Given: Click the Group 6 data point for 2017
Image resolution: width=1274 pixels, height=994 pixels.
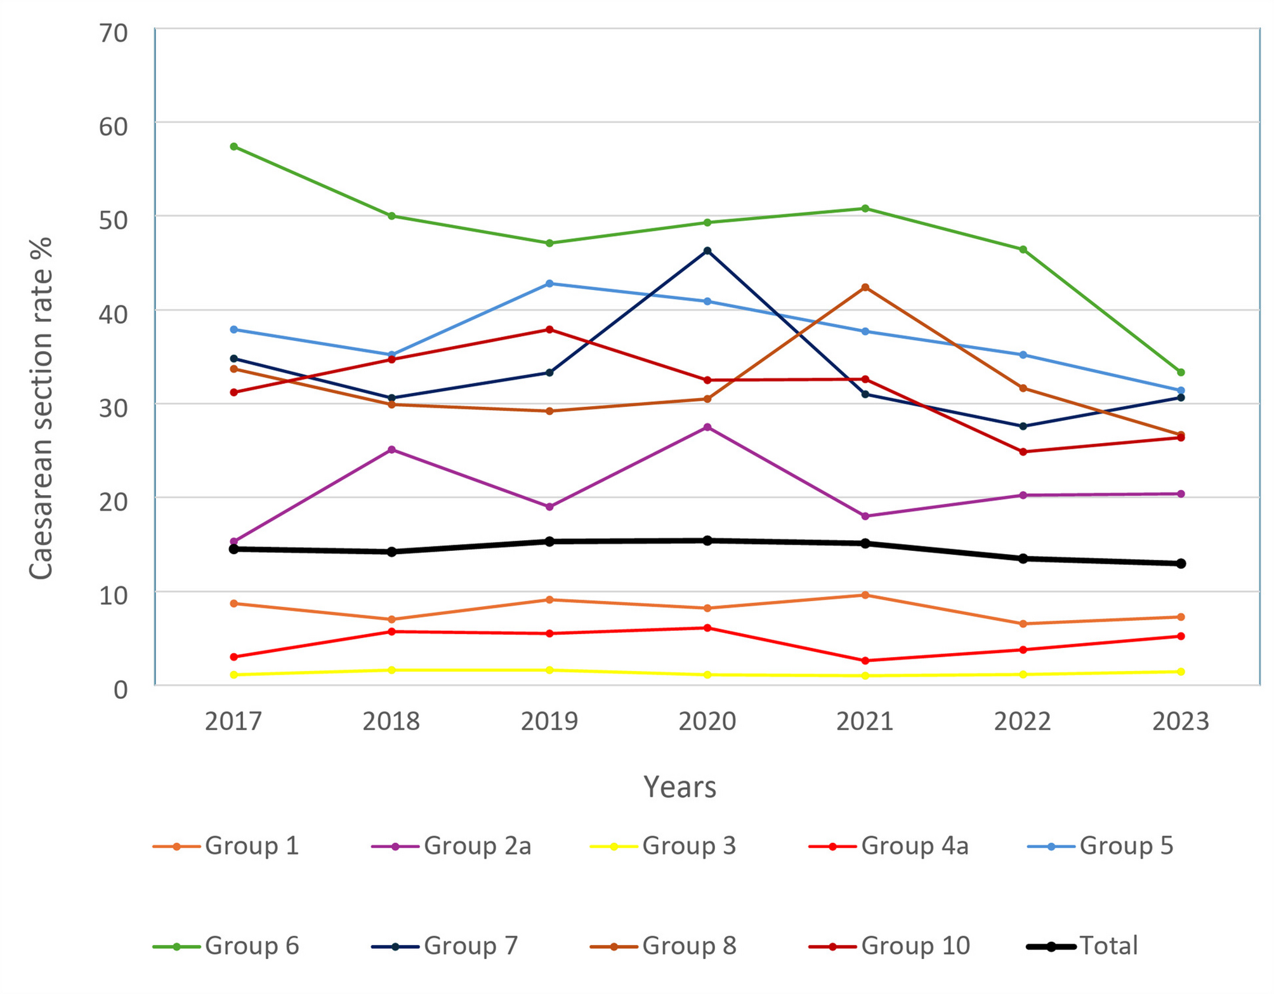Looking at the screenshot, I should [234, 147].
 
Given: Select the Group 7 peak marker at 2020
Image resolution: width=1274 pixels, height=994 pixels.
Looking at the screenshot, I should [707, 251].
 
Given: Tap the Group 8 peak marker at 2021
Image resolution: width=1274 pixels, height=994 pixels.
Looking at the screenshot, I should [865, 288].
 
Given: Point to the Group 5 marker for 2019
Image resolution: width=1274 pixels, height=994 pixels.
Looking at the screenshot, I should [549, 284].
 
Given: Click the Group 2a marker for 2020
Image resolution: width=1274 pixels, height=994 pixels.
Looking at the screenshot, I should [707, 427].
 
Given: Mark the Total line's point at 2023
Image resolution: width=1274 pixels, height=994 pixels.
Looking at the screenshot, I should [1181, 564].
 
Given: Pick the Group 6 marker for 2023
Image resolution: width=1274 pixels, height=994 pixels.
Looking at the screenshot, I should [1181, 373].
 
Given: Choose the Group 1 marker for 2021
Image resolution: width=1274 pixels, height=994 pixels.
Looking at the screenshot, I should [865, 595].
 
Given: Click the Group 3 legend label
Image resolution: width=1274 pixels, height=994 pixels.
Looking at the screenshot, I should [688, 846].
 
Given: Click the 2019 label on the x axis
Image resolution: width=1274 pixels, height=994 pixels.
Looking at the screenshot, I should [549, 722].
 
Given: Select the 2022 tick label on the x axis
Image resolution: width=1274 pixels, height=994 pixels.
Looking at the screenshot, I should [1023, 722].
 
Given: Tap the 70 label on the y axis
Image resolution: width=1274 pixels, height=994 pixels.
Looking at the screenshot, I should [114, 33].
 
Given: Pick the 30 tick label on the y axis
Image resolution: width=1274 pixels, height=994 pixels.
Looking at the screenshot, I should [114, 408].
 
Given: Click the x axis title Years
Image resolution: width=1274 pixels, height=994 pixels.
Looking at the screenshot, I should [680, 787].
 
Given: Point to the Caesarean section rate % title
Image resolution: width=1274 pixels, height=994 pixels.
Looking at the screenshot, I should [41, 408].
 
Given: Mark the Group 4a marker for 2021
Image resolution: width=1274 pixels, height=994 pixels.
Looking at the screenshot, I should [865, 661].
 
